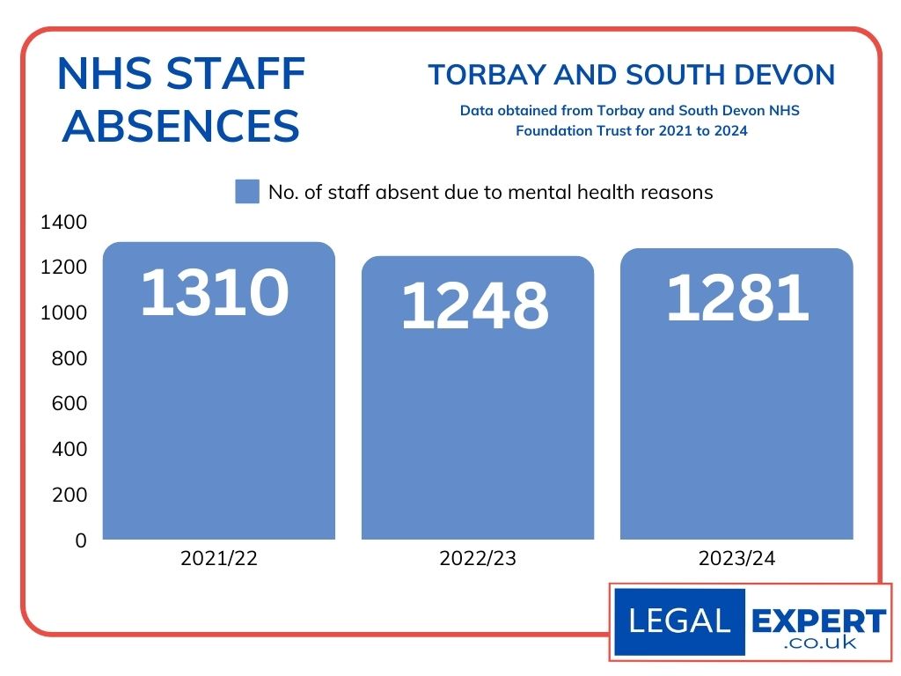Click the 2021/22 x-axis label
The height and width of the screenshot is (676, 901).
coord(219,559)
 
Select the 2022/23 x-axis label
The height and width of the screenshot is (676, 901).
coord(478,559)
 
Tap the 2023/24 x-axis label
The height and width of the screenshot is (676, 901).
coord(736,559)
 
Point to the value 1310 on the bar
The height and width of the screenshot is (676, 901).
coord(215,292)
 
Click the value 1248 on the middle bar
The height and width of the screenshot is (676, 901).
coord(475,307)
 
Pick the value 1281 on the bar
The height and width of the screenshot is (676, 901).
coord(736,298)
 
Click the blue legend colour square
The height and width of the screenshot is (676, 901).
coord(247,192)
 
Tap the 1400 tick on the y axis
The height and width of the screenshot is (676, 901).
coord(64,222)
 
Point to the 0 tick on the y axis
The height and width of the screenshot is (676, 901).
coord(81,540)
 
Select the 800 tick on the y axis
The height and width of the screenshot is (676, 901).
coord(70,358)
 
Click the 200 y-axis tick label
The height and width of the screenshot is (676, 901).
coord(70,495)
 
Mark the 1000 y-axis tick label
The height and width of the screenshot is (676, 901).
coord(64,313)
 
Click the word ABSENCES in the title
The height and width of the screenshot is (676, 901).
coord(181,126)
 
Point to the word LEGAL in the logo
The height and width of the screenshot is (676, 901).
coord(679,621)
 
